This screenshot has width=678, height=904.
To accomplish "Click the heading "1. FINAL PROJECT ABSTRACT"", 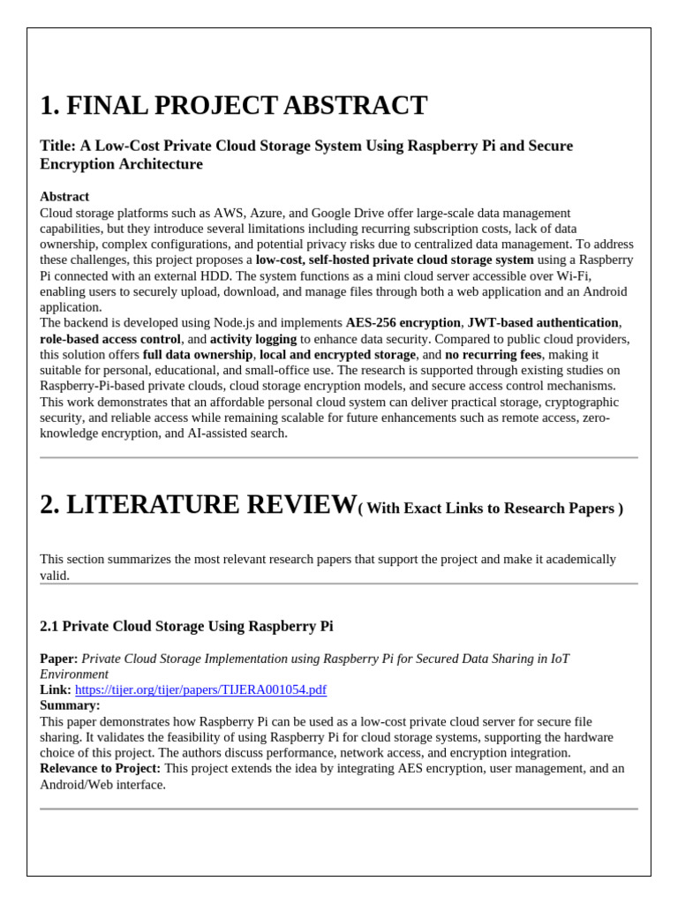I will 233,106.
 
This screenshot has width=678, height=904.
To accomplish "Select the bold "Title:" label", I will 58,146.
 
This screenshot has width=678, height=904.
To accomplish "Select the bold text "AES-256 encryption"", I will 403,323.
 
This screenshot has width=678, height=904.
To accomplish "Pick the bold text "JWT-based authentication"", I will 542,323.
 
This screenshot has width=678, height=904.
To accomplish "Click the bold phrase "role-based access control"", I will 110,339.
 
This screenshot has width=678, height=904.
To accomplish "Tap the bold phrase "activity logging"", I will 253,339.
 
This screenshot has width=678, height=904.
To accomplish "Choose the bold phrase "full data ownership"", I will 198,355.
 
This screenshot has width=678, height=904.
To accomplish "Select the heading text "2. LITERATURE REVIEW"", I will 198,505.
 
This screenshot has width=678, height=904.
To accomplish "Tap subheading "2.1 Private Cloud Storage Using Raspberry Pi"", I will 186,626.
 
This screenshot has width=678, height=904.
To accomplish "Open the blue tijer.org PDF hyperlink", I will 200,689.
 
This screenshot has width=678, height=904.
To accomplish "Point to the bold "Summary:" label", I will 70,705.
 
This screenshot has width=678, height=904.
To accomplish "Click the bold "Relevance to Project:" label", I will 101,768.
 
